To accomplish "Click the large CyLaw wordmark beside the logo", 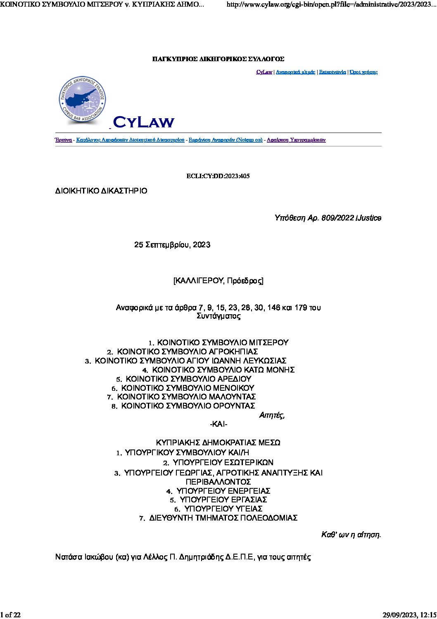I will point(143,122).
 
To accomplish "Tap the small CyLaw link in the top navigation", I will point(264,72).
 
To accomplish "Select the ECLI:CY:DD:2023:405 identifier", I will point(218,176).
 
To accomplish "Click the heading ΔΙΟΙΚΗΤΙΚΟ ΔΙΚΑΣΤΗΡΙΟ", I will point(101,191).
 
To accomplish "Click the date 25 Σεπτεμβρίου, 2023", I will point(172,245).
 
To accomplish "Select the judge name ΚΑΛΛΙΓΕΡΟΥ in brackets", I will point(199,281).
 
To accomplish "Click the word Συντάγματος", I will point(218,316).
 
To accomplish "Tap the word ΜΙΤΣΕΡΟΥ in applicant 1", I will point(268,342).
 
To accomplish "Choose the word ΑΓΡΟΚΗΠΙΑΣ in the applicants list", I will point(233,351).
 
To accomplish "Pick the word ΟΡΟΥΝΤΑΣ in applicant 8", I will point(234,406).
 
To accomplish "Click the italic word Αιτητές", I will point(271,416).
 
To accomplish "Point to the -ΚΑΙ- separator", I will point(218,424).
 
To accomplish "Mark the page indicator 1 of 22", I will point(11,614).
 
